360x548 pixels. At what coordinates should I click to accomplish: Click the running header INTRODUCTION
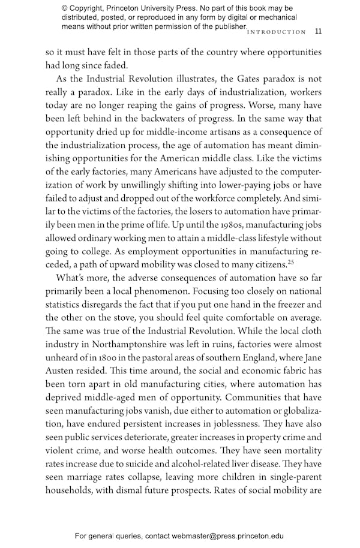[277, 32]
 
